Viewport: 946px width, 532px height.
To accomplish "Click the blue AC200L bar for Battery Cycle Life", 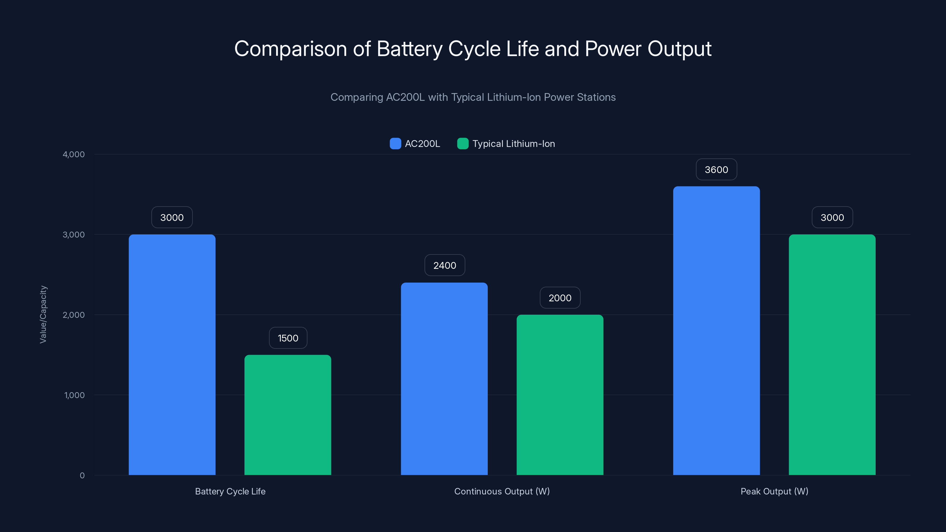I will pos(172,354).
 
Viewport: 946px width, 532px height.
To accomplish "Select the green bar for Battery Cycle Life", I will pos(288,415).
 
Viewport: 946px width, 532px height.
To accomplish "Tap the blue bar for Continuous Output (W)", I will pos(444,378).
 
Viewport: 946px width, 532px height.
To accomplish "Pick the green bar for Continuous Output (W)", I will pos(560,395).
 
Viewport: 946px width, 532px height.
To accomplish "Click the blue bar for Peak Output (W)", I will pos(716,330).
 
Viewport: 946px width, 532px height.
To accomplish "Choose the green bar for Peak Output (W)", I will pos(832,354).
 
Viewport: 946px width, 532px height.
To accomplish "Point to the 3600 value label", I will pos(716,170).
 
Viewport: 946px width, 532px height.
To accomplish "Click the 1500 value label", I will pos(288,338).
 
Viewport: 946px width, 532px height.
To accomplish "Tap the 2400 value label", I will pos(444,265).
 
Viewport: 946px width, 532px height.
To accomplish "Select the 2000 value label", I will pos(560,298).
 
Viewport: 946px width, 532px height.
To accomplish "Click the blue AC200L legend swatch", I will pos(395,144).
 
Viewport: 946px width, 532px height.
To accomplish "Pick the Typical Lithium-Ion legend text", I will pos(514,144).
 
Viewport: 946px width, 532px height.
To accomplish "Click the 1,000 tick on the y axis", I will pos(74,395).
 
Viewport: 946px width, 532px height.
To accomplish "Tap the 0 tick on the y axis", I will pos(82,476).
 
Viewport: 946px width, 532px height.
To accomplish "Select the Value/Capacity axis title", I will pos(43,315).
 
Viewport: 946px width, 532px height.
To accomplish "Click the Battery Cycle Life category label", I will pos(230,491).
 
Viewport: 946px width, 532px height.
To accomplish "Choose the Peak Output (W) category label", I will pos(774,491).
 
